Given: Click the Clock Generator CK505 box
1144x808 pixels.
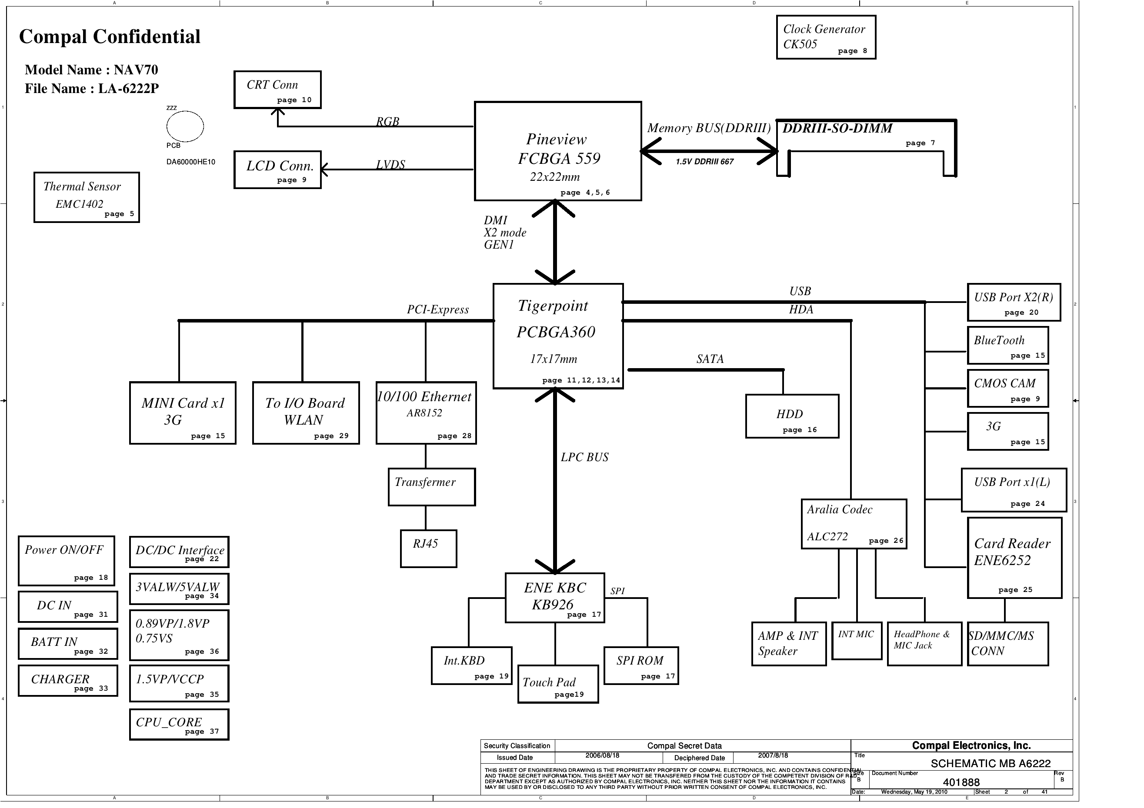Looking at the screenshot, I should coord(826,37).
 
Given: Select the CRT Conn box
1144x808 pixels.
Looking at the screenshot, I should coord(277,90).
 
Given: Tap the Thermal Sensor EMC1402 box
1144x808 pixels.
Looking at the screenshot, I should coord(87,197).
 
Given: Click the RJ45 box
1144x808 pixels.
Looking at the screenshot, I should coord(428,549).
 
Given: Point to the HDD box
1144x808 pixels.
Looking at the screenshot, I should coord(792,416).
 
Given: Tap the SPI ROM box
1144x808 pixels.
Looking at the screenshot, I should coord(641,665).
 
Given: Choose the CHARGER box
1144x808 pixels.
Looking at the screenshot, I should coord(68,681).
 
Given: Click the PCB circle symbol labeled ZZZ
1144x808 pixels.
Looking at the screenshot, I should coord(185,126).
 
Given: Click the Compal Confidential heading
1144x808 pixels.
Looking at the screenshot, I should coord(110,37).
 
